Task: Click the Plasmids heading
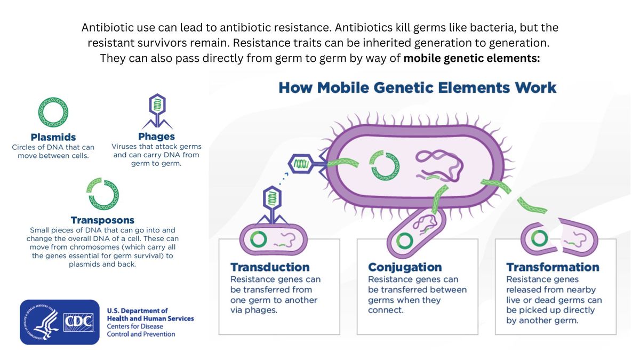[53, 137]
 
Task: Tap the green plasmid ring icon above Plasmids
[53, 112]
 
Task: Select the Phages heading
[156, 137]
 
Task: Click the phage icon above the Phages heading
[157, 110]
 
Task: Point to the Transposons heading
[102, 220]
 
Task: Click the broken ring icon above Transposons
[102, 194]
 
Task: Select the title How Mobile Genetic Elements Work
[417, 87]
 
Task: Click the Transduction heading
[269, 267]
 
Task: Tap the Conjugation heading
[405, 267]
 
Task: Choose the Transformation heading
[553, 267]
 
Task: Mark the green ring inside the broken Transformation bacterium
[540, 237]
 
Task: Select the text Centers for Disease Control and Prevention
[141, 330]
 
